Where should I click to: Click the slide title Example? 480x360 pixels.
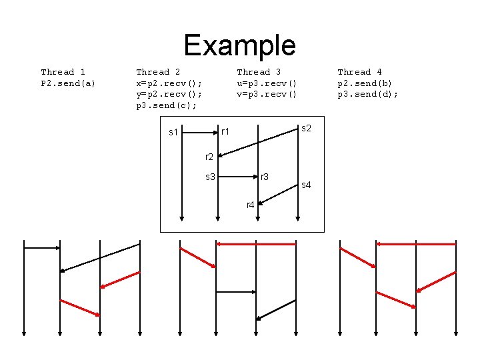(239, 45)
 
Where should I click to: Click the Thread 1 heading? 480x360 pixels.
(63, 72)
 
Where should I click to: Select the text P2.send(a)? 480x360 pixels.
(68, 83)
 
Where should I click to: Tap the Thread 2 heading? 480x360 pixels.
(158, 72)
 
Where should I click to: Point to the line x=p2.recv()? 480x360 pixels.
(169, 83)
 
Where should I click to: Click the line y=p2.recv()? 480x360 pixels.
(169, 95)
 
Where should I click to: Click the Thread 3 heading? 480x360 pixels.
(259, 72)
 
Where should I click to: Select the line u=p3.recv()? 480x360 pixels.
(267, 83)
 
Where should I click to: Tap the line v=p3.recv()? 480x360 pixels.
(267, 95)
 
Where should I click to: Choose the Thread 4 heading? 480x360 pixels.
(359, 72)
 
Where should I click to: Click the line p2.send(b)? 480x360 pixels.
(365, 83)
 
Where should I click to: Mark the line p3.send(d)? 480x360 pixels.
(367, 95)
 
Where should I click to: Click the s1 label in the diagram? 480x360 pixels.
(173, 133)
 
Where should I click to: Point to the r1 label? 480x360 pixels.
(225, 132)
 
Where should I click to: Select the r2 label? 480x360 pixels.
(209, 157)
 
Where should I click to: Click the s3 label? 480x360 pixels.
(210, 177)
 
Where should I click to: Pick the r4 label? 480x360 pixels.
(250, 205)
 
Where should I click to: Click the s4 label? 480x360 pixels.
(307, 185)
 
